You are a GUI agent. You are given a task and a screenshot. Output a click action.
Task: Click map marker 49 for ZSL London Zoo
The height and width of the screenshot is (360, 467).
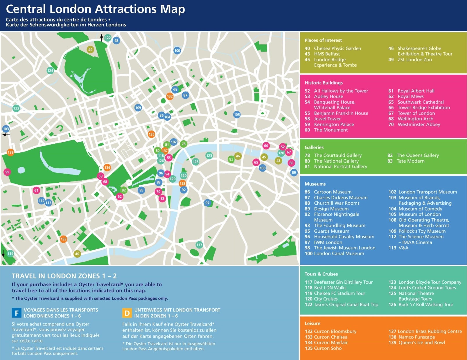[x=90, y=50]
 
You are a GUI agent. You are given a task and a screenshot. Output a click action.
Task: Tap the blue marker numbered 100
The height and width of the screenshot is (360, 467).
[x=177, y=51]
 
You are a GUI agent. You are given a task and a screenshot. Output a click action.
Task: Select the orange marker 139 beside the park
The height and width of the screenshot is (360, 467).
[x=10, y=152]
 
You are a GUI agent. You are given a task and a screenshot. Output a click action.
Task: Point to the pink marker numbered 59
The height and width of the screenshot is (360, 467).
[x=7, y=172]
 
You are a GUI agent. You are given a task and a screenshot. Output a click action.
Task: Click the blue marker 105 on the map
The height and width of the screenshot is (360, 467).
[x=237, y=114]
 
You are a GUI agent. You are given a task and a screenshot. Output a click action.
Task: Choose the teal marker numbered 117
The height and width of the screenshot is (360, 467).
[x=199, y=245]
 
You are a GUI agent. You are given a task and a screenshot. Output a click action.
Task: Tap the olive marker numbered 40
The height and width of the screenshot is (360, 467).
[x=77, y=253]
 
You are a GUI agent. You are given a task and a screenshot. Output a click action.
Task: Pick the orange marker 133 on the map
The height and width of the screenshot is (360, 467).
[x=63, y=239]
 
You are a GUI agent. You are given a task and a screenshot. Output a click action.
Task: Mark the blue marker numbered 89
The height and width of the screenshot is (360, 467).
[x=294, y=172]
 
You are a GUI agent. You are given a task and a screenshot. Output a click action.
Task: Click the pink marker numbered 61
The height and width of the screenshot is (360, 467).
[x=36, y=190]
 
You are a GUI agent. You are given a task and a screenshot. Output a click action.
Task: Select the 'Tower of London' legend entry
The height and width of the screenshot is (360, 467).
[x=416, y=113]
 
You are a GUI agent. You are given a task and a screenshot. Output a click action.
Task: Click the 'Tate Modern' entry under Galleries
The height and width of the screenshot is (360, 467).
[x=410, y=161]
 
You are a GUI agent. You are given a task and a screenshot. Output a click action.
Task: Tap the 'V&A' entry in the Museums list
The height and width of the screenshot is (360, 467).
[x=403, y=248]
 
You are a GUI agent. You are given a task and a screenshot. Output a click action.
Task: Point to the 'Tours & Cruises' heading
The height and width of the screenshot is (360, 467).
[x=321, y=274]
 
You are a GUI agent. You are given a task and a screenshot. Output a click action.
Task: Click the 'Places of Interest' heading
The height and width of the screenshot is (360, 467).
[x=323, y=40]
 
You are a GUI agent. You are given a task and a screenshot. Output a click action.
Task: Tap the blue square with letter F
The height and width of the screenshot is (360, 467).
[x=17, y=313]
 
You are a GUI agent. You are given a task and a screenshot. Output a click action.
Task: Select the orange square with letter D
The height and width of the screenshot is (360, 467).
[x=127, y=313]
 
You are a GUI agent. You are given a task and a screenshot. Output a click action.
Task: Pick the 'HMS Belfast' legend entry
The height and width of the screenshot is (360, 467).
[x=326, y=54]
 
